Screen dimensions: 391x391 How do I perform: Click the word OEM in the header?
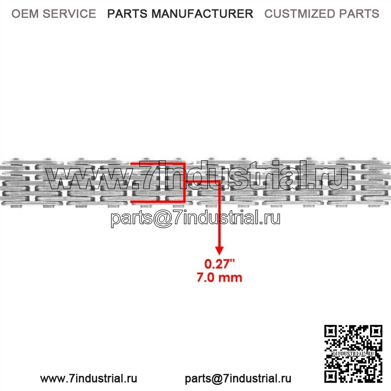click(x=25, y=14)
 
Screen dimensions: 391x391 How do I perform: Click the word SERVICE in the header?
click(x=69, y=14)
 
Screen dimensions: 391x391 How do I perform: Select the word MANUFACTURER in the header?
click(x=202, y=14)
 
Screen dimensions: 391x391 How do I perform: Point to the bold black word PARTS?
click(x=127, y=14)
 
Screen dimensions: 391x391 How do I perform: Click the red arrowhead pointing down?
click(x=219, y=251)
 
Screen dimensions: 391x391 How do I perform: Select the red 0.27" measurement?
click(x=219, y=264)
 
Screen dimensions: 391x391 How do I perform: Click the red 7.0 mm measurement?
click(x=219, y=278)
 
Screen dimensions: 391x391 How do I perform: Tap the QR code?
click(x=353, y=354)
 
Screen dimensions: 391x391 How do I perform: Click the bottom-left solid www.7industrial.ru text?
click(x=89, y=378)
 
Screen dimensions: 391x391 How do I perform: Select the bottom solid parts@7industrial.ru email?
click(x=238, y=379)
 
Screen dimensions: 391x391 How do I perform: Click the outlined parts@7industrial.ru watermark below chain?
click(x=195, y=218)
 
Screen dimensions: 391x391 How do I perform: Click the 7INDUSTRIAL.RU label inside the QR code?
click(x=353, y=353)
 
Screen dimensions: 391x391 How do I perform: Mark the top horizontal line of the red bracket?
click(x=158, y=164)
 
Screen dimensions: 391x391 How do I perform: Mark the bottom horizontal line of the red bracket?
click(x=158, y=201)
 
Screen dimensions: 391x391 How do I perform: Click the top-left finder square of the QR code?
click(x=331, y=332)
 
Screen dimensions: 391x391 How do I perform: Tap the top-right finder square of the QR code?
click(x=376, y=332)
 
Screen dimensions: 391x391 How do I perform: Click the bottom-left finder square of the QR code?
click(x=331, y=376)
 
